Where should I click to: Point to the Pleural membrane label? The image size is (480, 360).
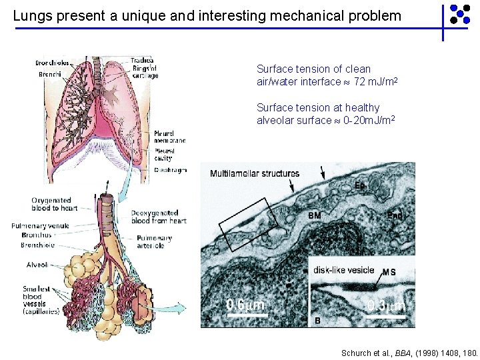coord(169,136)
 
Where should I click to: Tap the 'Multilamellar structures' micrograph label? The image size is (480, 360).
coord(255,174)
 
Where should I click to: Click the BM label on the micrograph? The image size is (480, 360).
coord(314,216)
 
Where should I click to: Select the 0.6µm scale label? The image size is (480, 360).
coord(245,305)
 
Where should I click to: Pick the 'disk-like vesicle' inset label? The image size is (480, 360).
coord(345,271)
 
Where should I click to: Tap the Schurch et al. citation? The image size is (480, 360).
coord(409,352)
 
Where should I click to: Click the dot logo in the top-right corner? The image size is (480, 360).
coord(460,15)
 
